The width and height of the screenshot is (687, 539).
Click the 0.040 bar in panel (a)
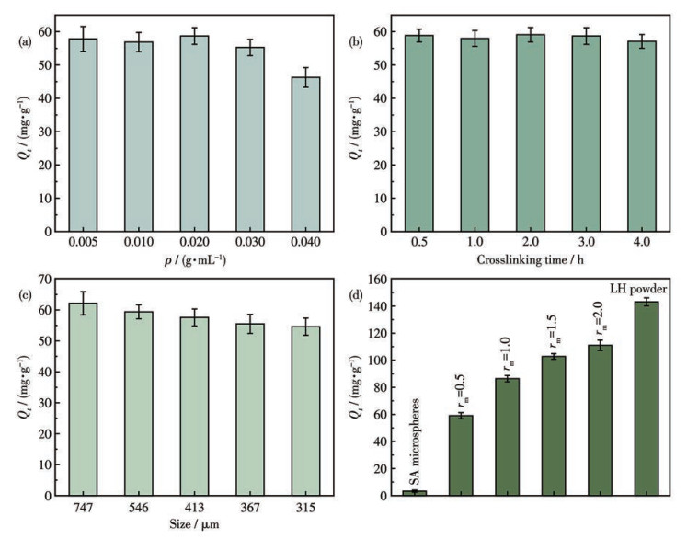(x=306, y=155)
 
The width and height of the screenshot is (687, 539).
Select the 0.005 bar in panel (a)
(x=84, y=135)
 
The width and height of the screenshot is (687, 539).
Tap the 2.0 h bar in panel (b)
(x=531, y=133)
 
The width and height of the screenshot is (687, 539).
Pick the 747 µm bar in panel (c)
(x=84, y=399)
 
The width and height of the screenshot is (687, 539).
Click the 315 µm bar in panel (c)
(x=306, y=411)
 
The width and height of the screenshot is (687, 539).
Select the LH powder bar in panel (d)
(x=647, y=399)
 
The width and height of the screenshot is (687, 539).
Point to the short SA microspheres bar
(x=415, y=493)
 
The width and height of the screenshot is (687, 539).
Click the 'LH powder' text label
(x=638, y=289)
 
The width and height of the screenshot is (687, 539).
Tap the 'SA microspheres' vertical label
(x=415, y=442)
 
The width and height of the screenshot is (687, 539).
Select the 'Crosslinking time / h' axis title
(x=530, y=260)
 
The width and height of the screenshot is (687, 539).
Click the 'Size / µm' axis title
(x=195, y=524)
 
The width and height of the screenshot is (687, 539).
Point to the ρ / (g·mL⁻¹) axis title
(x=195, y=261)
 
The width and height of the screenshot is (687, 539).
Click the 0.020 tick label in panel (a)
(x=195, y=242)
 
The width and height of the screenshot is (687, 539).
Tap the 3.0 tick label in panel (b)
(x=586, y=242)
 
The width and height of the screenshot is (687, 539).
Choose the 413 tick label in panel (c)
(x=195, y=508)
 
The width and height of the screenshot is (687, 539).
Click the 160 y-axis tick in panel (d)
(x=378, y=279)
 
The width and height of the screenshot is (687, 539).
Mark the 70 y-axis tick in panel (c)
(x=45, y=279)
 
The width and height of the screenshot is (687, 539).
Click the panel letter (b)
(x=356, y=42)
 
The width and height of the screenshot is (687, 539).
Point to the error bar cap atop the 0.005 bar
(x=84, y=27)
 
